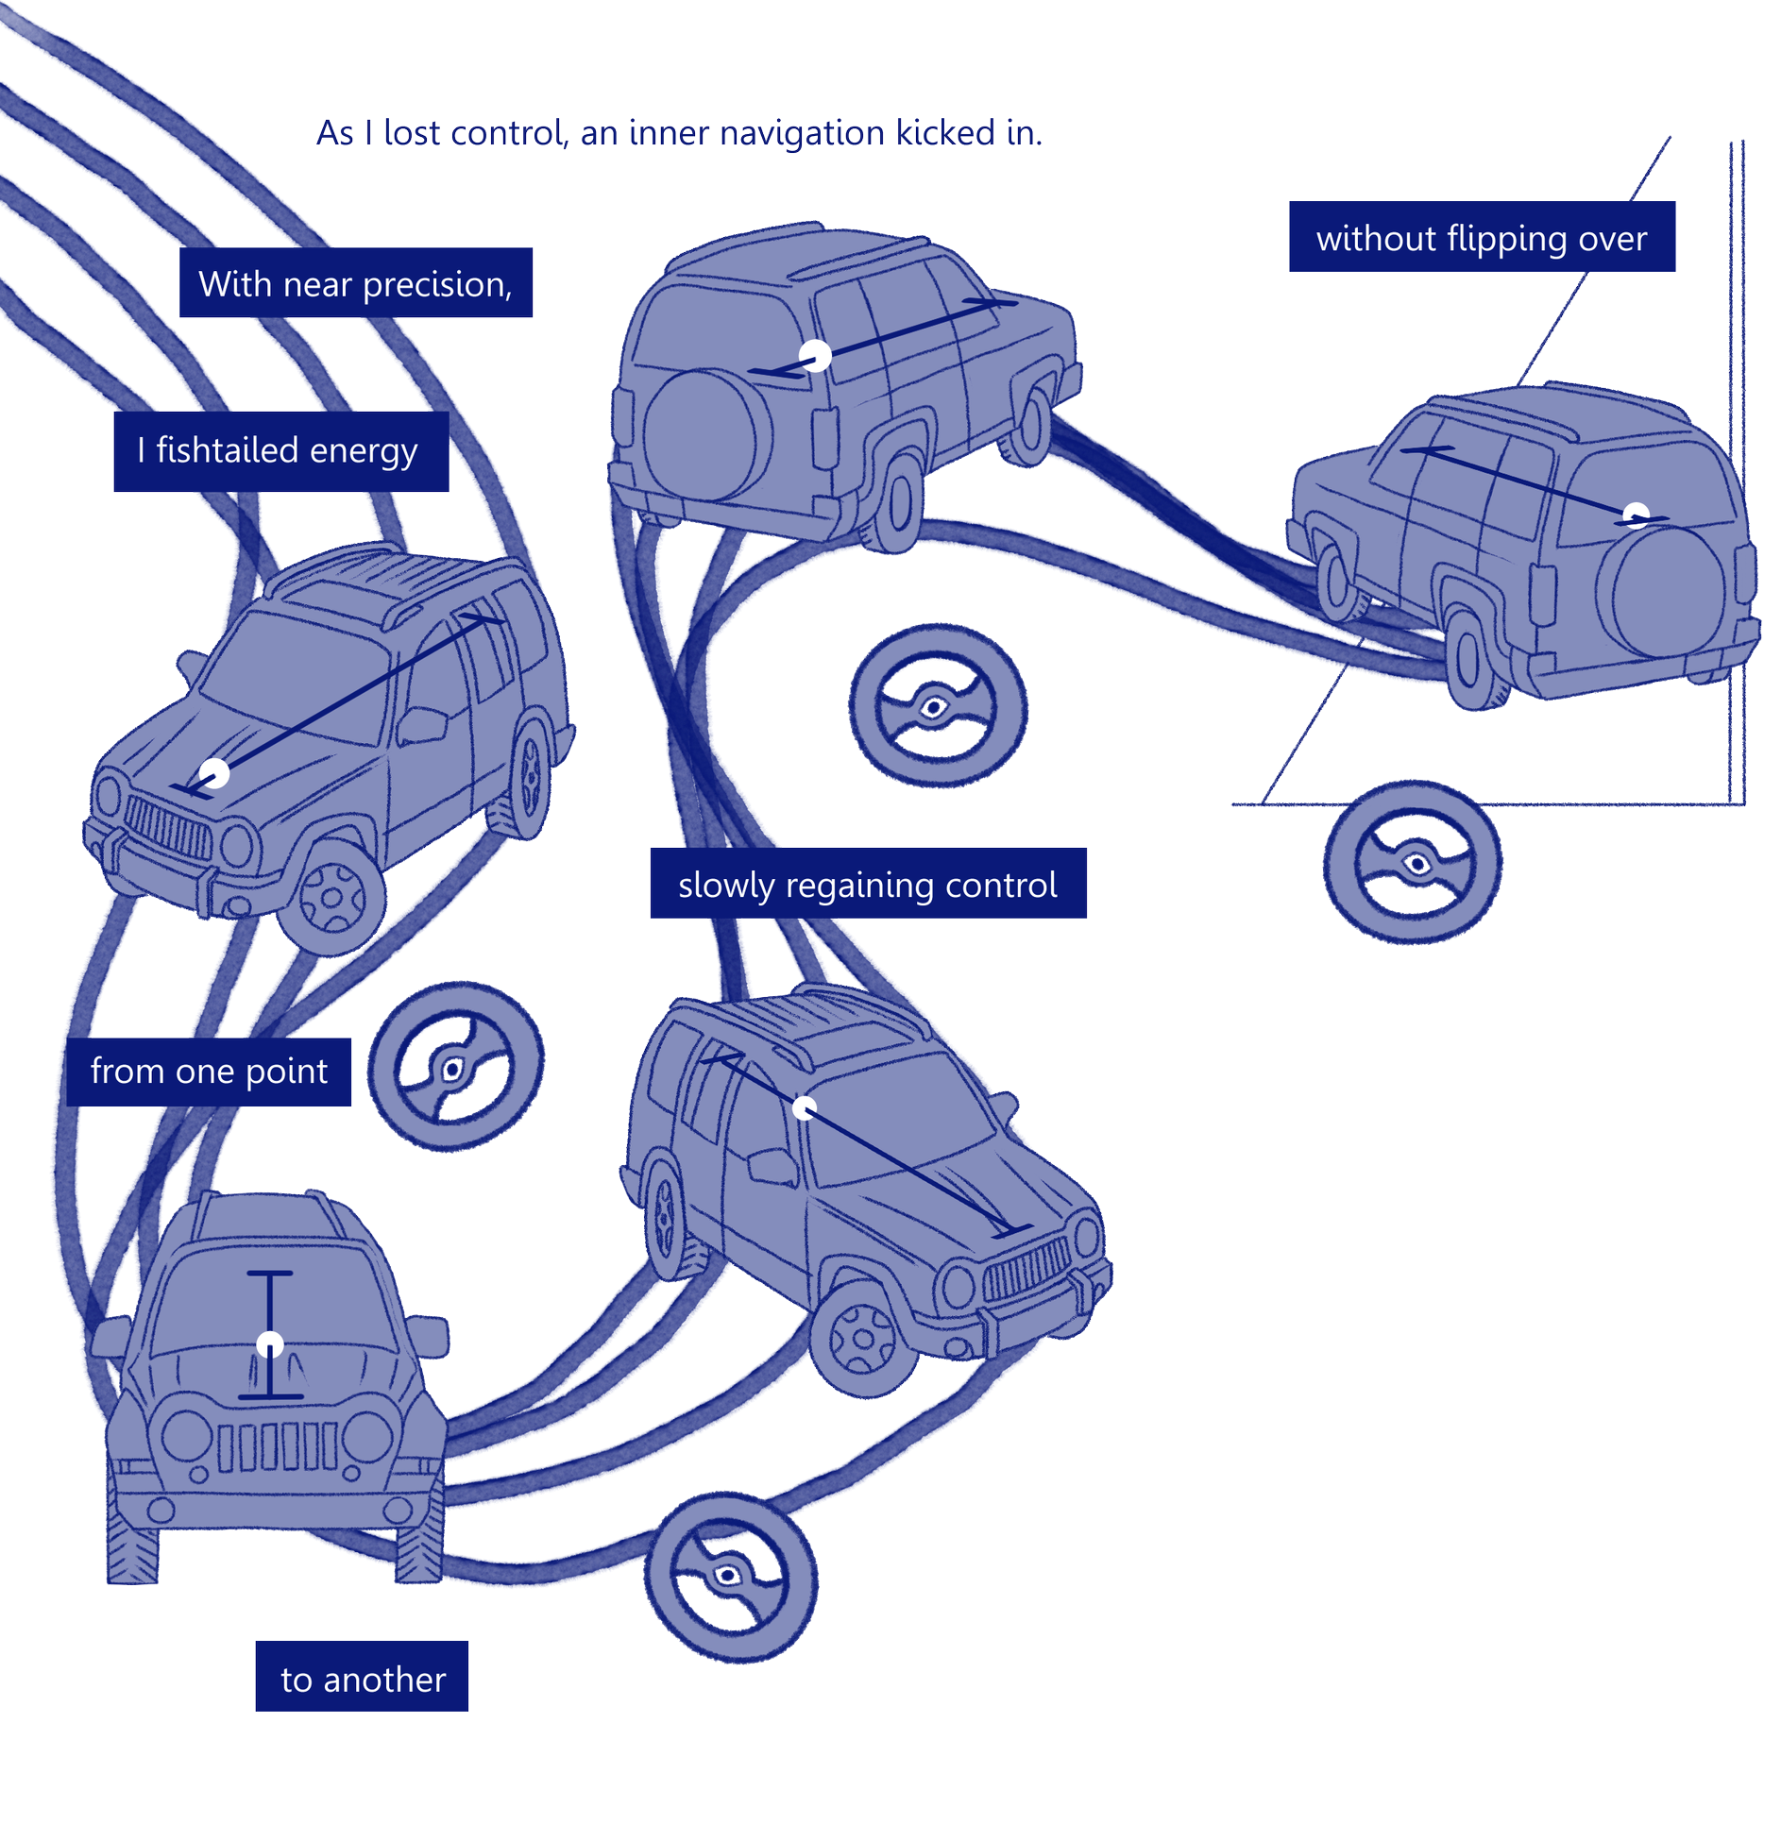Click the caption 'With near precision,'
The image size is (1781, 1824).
pyautogui.click(x=356, y=283)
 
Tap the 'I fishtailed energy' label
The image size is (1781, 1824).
pyautogui.click(x=280, y=450)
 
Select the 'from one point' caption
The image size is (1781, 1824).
pyautogui.click(x=209, y=1072)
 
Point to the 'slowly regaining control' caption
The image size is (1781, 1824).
pyautogui.click(x=868, y=885)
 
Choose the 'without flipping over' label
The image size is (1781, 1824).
pyautogui.click(x=1482, y=237)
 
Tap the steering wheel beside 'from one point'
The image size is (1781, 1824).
pyautogui.click(x=455, y=1067)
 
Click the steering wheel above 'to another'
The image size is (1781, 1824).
pyautogui.click(x=730, y=1577)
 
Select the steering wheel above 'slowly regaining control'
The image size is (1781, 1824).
pyautogui.click(x=937, y=705)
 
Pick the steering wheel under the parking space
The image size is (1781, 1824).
pyautogui.click(x=1412, y=862)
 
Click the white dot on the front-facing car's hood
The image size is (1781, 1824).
pyautogui.click(x=270, y=1344)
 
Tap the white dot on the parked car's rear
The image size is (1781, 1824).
pyautogui.click(x=1636, y=515)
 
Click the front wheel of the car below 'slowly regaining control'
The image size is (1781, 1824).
pyautogui.click(x=862, y=1338)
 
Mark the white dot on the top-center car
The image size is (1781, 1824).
pyautogui.click(x=815, y=356)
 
